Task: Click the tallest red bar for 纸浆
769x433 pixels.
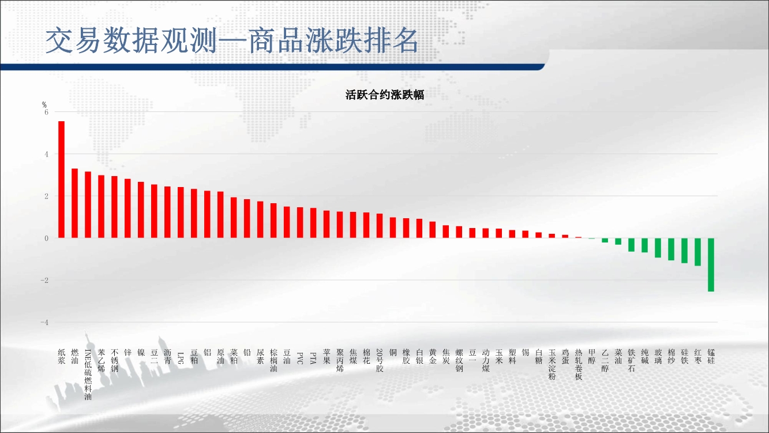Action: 62,180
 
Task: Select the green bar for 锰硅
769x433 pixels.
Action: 711,265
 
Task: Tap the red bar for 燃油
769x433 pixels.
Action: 74,203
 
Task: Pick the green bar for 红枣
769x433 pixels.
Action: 697,252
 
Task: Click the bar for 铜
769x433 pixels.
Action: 393,227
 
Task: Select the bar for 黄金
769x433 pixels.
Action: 433,230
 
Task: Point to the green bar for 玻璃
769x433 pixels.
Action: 658,248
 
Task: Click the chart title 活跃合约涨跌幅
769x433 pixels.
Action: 384,95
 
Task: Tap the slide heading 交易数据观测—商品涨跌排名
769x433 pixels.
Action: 232,40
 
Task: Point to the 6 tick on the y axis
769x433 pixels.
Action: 46,112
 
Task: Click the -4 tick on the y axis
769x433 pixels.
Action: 44,322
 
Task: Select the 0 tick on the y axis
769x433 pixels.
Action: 46,238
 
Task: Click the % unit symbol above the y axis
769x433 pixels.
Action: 44,104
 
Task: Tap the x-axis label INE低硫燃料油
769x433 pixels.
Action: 88,375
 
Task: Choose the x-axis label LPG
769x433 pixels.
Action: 181,358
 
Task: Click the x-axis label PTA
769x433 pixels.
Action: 313,358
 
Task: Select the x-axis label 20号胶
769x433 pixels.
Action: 380,360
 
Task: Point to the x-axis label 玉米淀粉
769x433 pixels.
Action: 552,365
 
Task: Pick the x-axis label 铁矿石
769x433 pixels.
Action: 631,360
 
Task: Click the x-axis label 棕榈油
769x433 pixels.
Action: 273,360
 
